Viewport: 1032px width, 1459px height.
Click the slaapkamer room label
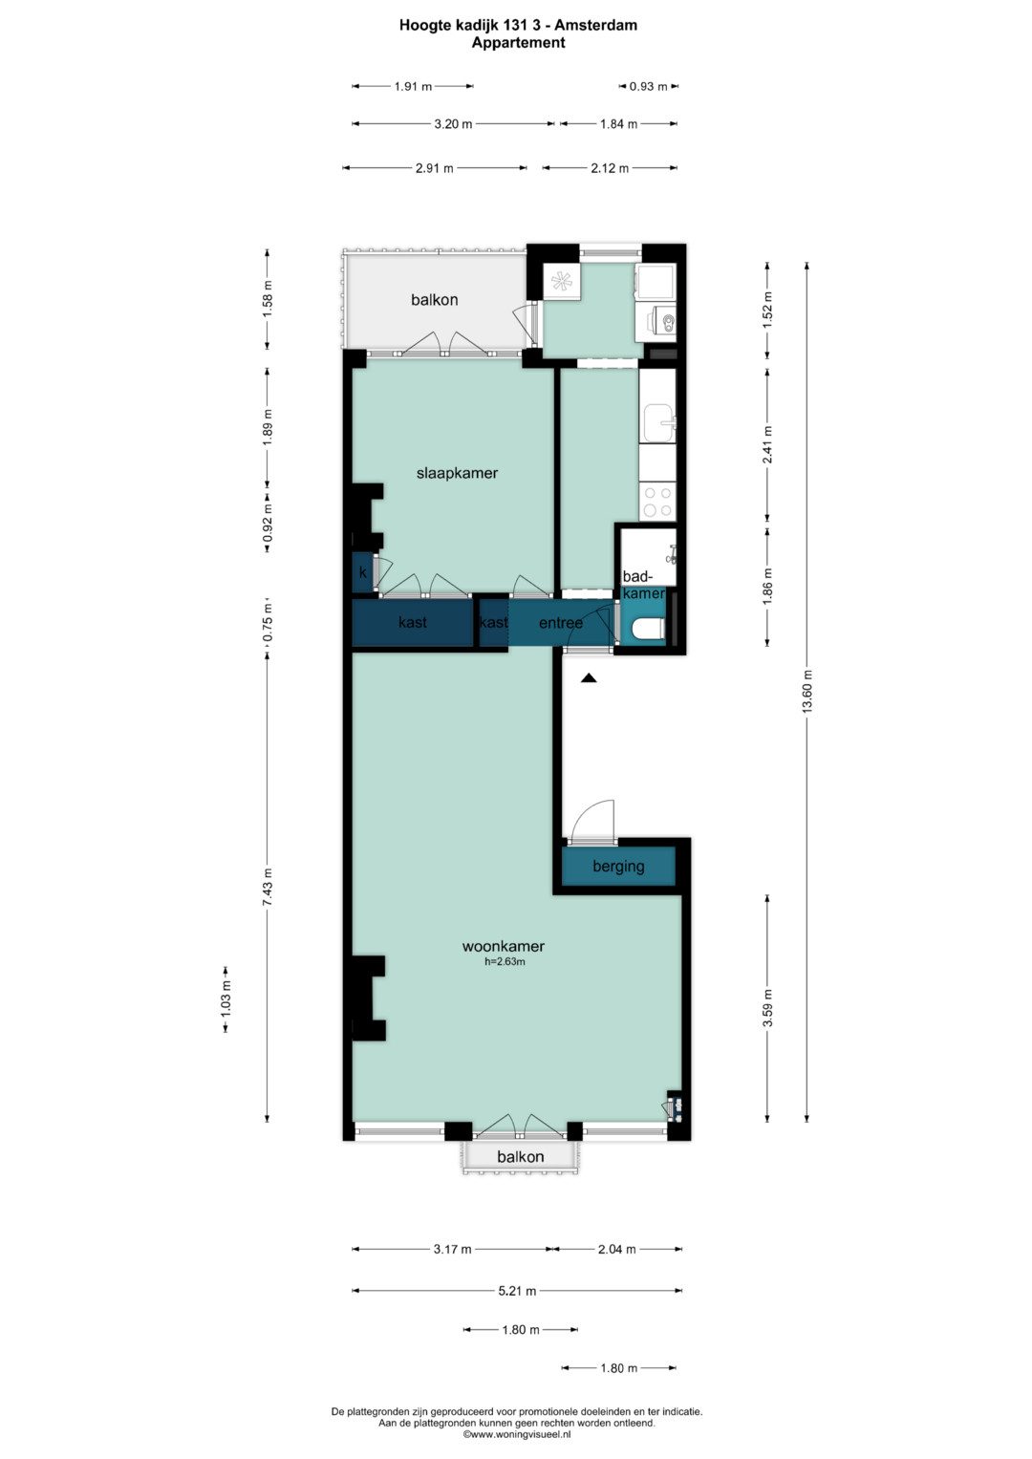(x=457, y=474)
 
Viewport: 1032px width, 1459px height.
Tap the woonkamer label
(x=503, y=947)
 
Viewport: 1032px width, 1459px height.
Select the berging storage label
(x=618, y=867)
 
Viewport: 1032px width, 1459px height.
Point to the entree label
(x=560, y=623)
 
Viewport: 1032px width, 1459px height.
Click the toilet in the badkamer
(x=648, y=629)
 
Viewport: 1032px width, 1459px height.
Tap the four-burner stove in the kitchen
(x=657, y=502)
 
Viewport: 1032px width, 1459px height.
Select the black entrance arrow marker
(x=589, y=678)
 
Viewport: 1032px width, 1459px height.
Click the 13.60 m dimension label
(x=807, y=692)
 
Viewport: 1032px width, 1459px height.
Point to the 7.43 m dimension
(x=268, y=887)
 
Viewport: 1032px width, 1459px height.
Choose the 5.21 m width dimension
(x=517, y=1291)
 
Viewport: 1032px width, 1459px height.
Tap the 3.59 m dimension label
(x=768, y=1008)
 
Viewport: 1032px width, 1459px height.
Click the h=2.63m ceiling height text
(x=505, y=961)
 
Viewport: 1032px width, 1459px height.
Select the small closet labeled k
(x=363, y=573)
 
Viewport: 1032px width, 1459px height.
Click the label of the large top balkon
(x=435, y=300)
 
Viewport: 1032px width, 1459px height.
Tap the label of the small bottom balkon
(x=520, y=1157)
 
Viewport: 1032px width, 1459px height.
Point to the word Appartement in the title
(x=518, y=43)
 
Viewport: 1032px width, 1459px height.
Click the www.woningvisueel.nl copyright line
(x=517, y=1434)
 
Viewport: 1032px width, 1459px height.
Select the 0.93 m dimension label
(x=648, y=86)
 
